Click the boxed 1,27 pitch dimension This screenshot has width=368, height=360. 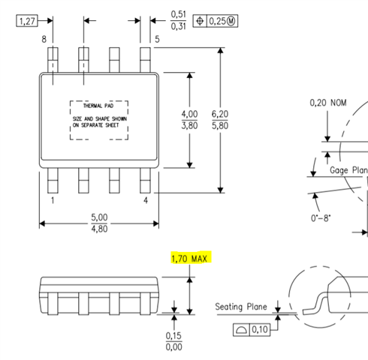[x=27, y=21]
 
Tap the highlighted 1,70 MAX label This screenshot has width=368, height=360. [x=189, y=259]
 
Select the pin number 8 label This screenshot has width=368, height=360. [x=44, y=39]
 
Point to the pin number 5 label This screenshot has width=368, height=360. [x=157, y=39]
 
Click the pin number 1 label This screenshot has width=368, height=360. [x=53, y=200]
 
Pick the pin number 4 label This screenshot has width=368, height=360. [x=146, y=200]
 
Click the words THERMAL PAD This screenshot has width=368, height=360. [x=98, y=106]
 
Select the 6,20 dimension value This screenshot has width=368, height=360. [x=220, y=114]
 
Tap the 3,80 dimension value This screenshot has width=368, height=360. [x=189, y=125]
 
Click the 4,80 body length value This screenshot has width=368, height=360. [x=99, y=229]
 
